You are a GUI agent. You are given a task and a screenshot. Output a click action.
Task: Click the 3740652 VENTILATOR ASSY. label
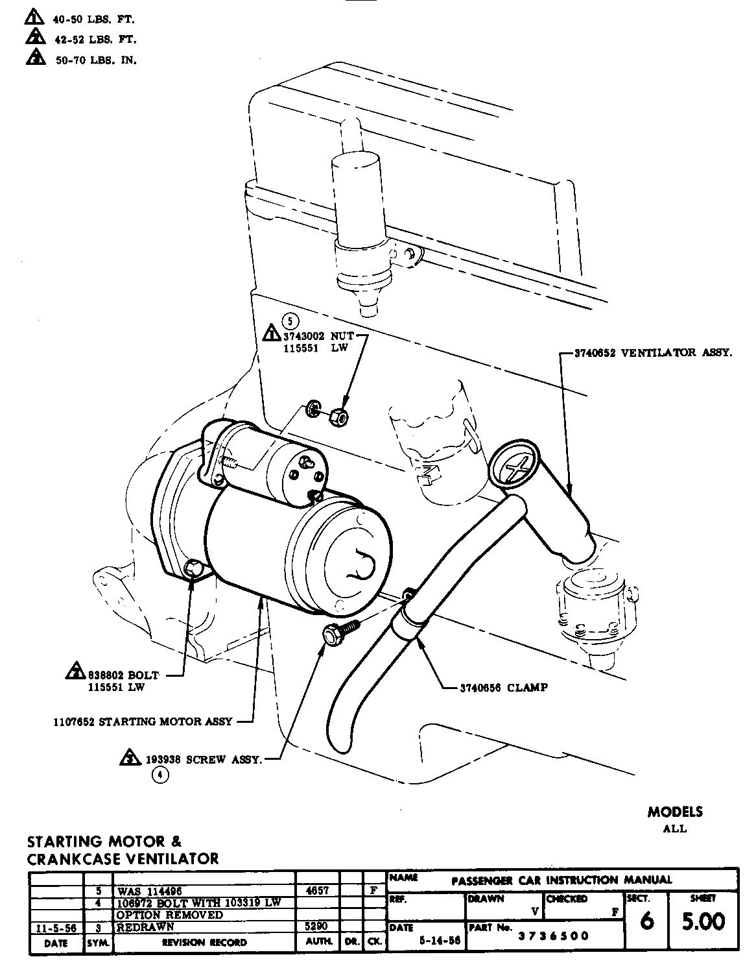tap(654, 353)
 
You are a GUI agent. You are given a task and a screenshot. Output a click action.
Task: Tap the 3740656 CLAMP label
tap(503, 688)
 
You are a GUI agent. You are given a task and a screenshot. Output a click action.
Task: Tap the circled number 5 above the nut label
tap(291, 320)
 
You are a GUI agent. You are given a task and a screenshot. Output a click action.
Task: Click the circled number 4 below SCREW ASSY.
tap(159, 774)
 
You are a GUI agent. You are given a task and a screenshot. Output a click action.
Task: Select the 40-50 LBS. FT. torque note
tap(94, 19)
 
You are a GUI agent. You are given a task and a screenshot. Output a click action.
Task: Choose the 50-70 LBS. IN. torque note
tap(94, 60)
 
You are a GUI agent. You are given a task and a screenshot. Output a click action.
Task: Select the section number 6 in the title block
tap(646, 922)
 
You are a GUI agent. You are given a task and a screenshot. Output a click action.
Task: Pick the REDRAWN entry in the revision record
tap(145, 927)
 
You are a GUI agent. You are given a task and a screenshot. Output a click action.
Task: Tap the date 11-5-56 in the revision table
tap(56, 928)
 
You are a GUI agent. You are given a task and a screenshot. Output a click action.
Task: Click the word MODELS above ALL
tap(674, 812)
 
